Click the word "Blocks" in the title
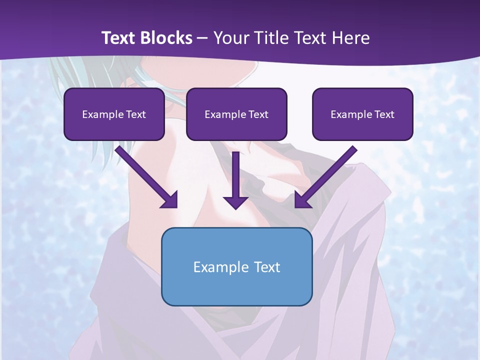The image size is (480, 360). [x=167, y=38]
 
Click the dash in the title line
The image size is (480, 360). [x=203, y=38]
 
